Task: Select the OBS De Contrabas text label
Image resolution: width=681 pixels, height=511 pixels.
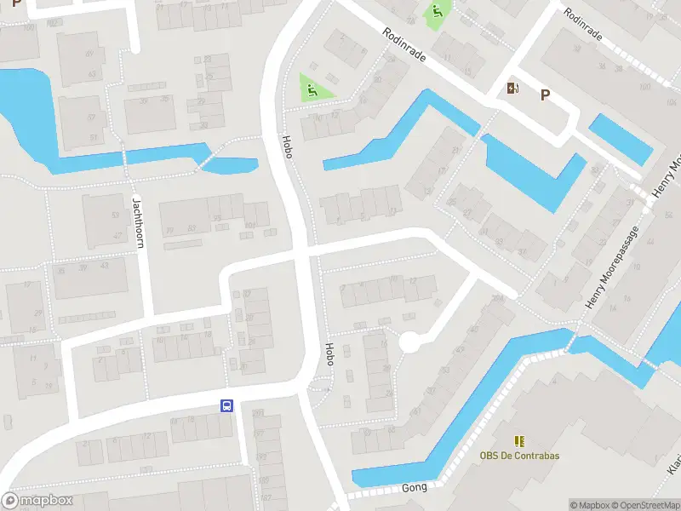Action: [x=519, y=456]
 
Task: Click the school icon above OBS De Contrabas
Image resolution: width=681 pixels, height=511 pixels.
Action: [x=519, y=441]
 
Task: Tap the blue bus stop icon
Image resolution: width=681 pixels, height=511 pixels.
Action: [x=227, y=406]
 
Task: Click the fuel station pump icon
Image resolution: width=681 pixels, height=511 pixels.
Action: [x=513, y=89]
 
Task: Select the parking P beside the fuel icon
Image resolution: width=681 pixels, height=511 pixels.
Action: [x=544, y=95]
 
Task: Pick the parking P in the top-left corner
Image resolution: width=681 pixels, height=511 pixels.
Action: [x=16, y=3]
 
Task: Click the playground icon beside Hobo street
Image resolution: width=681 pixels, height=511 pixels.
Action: [x=310, y=88]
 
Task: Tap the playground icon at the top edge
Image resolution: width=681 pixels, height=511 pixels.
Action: [x=435, y=12]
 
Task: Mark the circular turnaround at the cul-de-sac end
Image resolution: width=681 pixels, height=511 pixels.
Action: [x=410, y=342]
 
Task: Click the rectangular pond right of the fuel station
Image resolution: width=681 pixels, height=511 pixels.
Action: [x=621, y=137]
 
